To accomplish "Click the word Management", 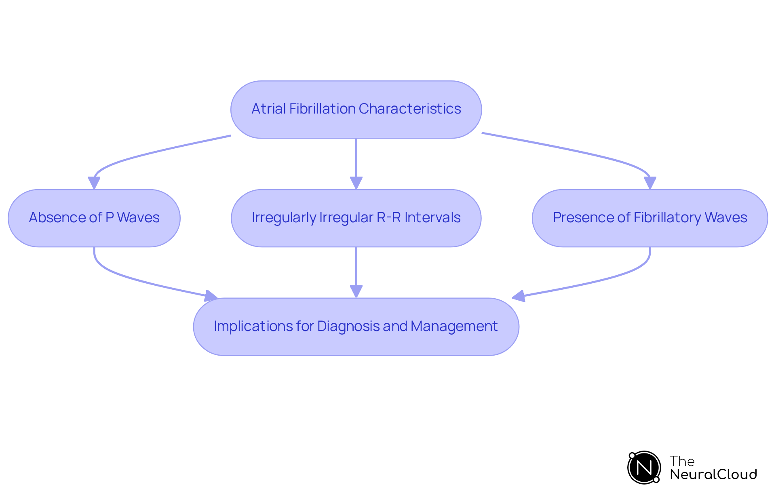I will tap(454, 326).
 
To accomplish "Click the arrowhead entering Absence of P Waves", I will tap(94, 183).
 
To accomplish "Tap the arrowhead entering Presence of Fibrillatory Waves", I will tap(649, 183).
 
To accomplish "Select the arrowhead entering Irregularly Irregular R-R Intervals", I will tap(356, 183).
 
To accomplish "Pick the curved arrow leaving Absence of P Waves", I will tap(121, 275).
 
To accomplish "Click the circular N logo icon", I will tap(644, 468).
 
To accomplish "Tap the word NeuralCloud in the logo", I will tap(713, 474).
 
